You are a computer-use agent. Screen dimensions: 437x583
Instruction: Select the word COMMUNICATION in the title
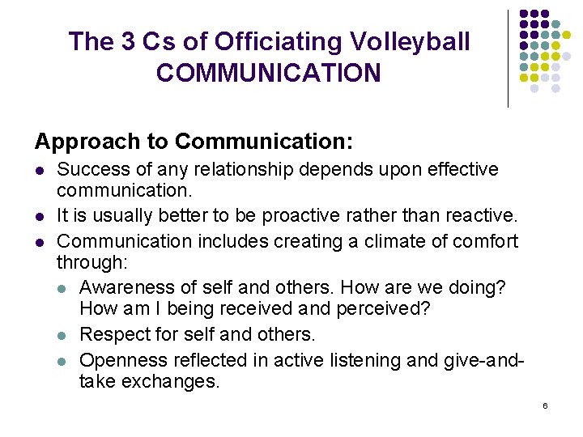tap(268, 73)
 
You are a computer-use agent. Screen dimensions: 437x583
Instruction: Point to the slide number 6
tap(545, 405)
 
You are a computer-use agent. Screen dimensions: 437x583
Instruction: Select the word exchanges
tap(170, 382)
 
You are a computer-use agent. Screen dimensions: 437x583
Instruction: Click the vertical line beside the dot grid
tap(508, 57)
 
